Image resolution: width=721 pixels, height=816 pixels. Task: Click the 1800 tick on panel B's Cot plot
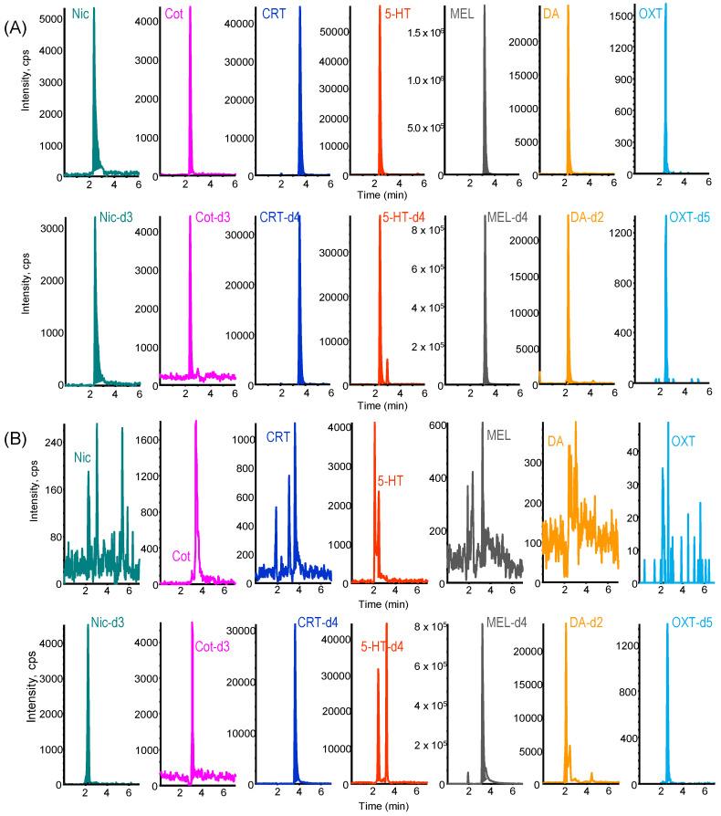coord(141,439)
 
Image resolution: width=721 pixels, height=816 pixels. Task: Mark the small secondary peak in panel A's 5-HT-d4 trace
coord(387,361)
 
